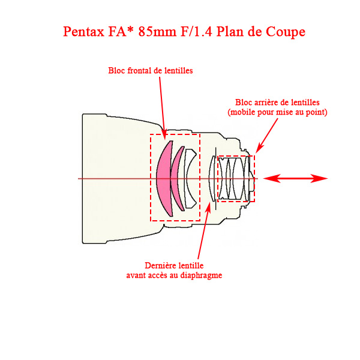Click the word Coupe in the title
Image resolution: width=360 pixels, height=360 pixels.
click(284, 32)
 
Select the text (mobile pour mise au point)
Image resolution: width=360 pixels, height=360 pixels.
click(277, 112)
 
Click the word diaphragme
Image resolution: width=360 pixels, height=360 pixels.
click(201, 275)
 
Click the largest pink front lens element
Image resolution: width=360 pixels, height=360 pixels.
click(162, 178)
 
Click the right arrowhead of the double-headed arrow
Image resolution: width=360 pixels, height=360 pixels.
click(320, 178)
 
